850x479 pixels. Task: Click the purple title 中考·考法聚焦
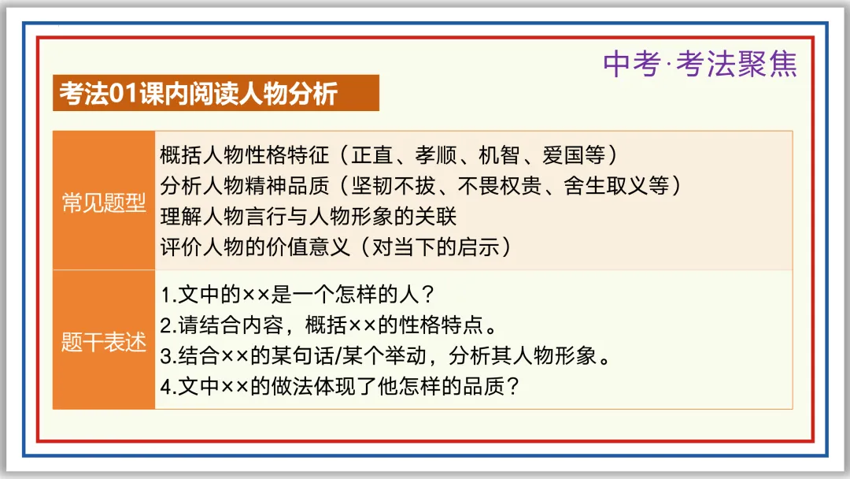click(700, 64)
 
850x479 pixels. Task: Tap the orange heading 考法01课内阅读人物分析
click(198, 93)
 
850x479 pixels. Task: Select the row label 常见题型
click(104, 202)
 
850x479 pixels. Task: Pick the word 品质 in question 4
click(487, 388)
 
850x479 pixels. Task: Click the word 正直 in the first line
click(366, 154)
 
